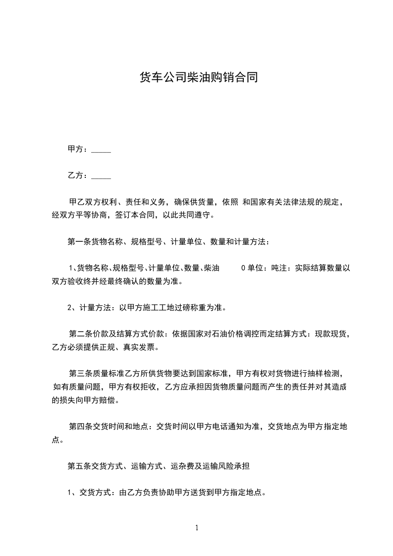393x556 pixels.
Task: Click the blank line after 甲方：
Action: (102, 150)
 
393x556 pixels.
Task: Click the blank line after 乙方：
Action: (102, 176)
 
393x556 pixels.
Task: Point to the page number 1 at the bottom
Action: (197, 528)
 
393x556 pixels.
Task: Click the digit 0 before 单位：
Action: (243, 269)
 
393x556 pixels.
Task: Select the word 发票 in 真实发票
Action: (148, 347)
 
